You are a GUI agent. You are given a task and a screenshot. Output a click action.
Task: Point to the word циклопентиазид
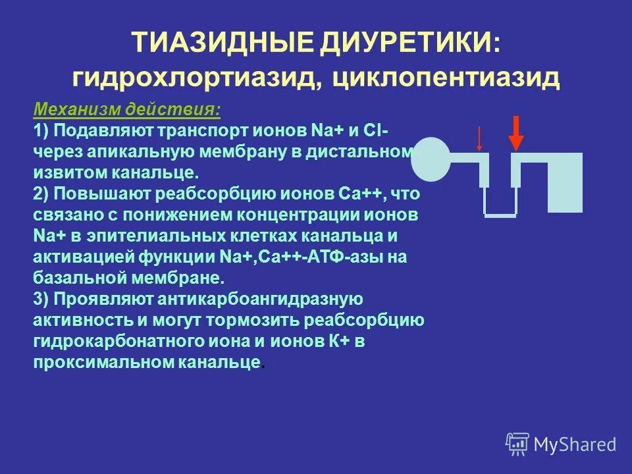point(447,78)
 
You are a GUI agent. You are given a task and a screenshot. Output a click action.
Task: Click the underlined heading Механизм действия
point(126,108)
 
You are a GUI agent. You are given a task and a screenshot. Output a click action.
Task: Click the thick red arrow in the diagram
point(516,132)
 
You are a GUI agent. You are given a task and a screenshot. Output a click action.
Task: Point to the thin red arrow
point(479,138)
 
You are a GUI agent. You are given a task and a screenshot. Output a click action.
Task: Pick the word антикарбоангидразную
point(260,299)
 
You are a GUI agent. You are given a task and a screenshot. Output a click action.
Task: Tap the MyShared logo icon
point(517,444)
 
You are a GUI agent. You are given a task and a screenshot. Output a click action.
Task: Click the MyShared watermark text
point(575,444)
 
